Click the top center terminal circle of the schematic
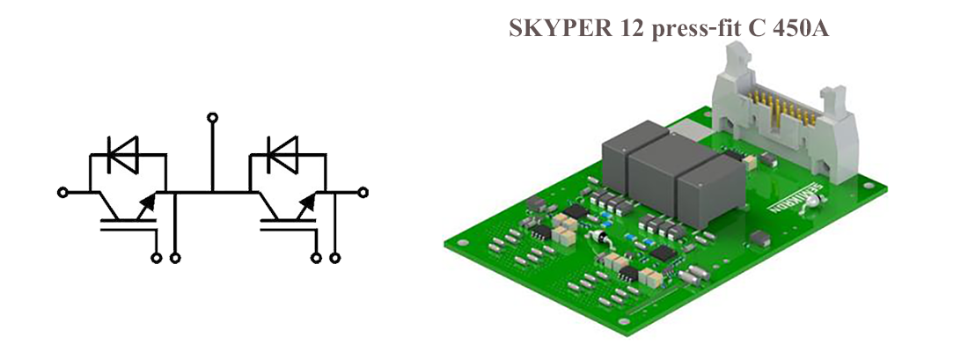tap(211, 116)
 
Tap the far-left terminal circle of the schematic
tap(62, 191)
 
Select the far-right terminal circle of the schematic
tap(362, 191)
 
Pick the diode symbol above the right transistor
tap(282, 155)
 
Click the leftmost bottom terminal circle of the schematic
tap(158, 258)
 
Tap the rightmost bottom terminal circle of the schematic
tap(335, 258)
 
